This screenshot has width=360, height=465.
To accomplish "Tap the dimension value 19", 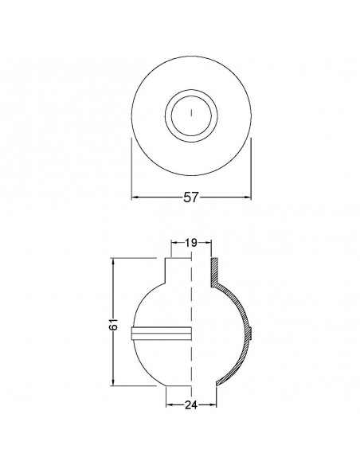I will (191, 243).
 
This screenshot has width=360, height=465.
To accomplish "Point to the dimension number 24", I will (191, 404).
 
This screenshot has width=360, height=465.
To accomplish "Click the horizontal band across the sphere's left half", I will (159, 333).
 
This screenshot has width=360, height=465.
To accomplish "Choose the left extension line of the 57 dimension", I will (131, 171).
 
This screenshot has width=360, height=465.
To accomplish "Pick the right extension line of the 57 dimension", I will (252, 171).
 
